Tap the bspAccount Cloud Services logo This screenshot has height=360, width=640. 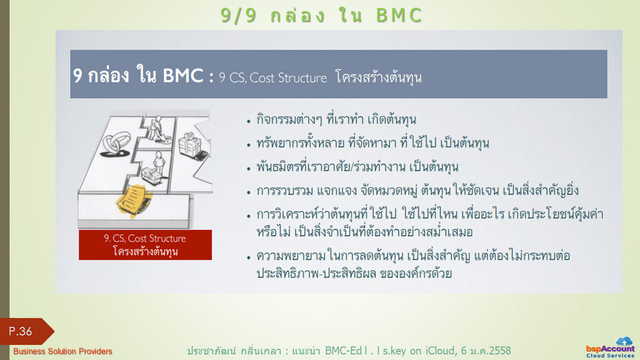point(610,347)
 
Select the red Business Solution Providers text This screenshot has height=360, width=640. point(62,351)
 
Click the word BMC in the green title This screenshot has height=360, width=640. point(399,16)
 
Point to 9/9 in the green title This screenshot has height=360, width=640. point(238,16)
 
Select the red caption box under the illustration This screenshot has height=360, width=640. point(145,245)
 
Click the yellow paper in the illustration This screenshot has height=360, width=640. point(134,201)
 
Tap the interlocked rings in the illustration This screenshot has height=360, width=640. point(117,144)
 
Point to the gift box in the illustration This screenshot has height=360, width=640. point(190,144)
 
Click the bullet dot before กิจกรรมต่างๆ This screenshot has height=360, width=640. point(249,121)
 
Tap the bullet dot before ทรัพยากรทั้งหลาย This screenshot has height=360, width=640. point(249,145)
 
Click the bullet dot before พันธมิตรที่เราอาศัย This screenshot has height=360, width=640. point(249,169)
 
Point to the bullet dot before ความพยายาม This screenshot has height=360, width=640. point(249,257)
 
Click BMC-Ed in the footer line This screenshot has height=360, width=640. point(343,351)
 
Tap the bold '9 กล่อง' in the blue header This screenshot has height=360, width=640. point(101,76)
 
